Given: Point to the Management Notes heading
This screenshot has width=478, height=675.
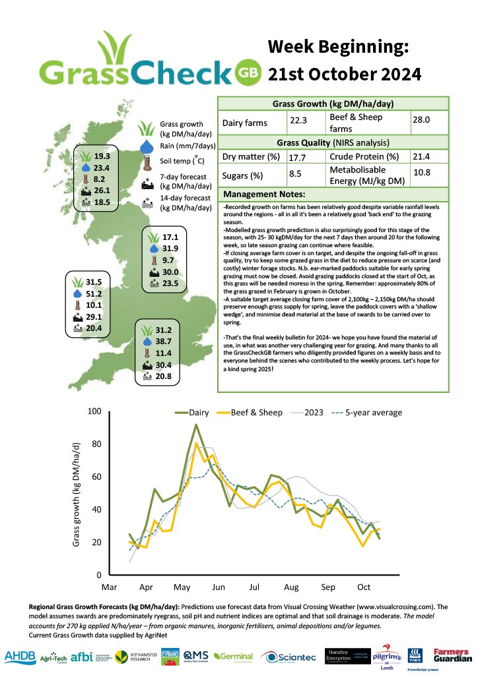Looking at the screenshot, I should (x=264, y=194).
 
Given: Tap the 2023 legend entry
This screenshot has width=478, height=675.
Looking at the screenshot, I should (x=315, y=413).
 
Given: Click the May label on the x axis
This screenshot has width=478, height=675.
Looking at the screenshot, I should (x=182, y=586).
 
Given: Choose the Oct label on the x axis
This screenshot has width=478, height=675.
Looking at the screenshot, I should (x=364, y=586).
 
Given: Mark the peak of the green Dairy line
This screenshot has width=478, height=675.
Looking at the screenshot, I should (x=195, y=425).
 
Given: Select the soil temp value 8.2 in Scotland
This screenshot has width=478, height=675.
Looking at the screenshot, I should (x=100, y=179).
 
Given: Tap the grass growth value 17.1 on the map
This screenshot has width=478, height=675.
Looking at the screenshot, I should (x=170, y=237).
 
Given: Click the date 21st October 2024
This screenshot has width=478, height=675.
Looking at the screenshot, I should (x=344, y=74).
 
